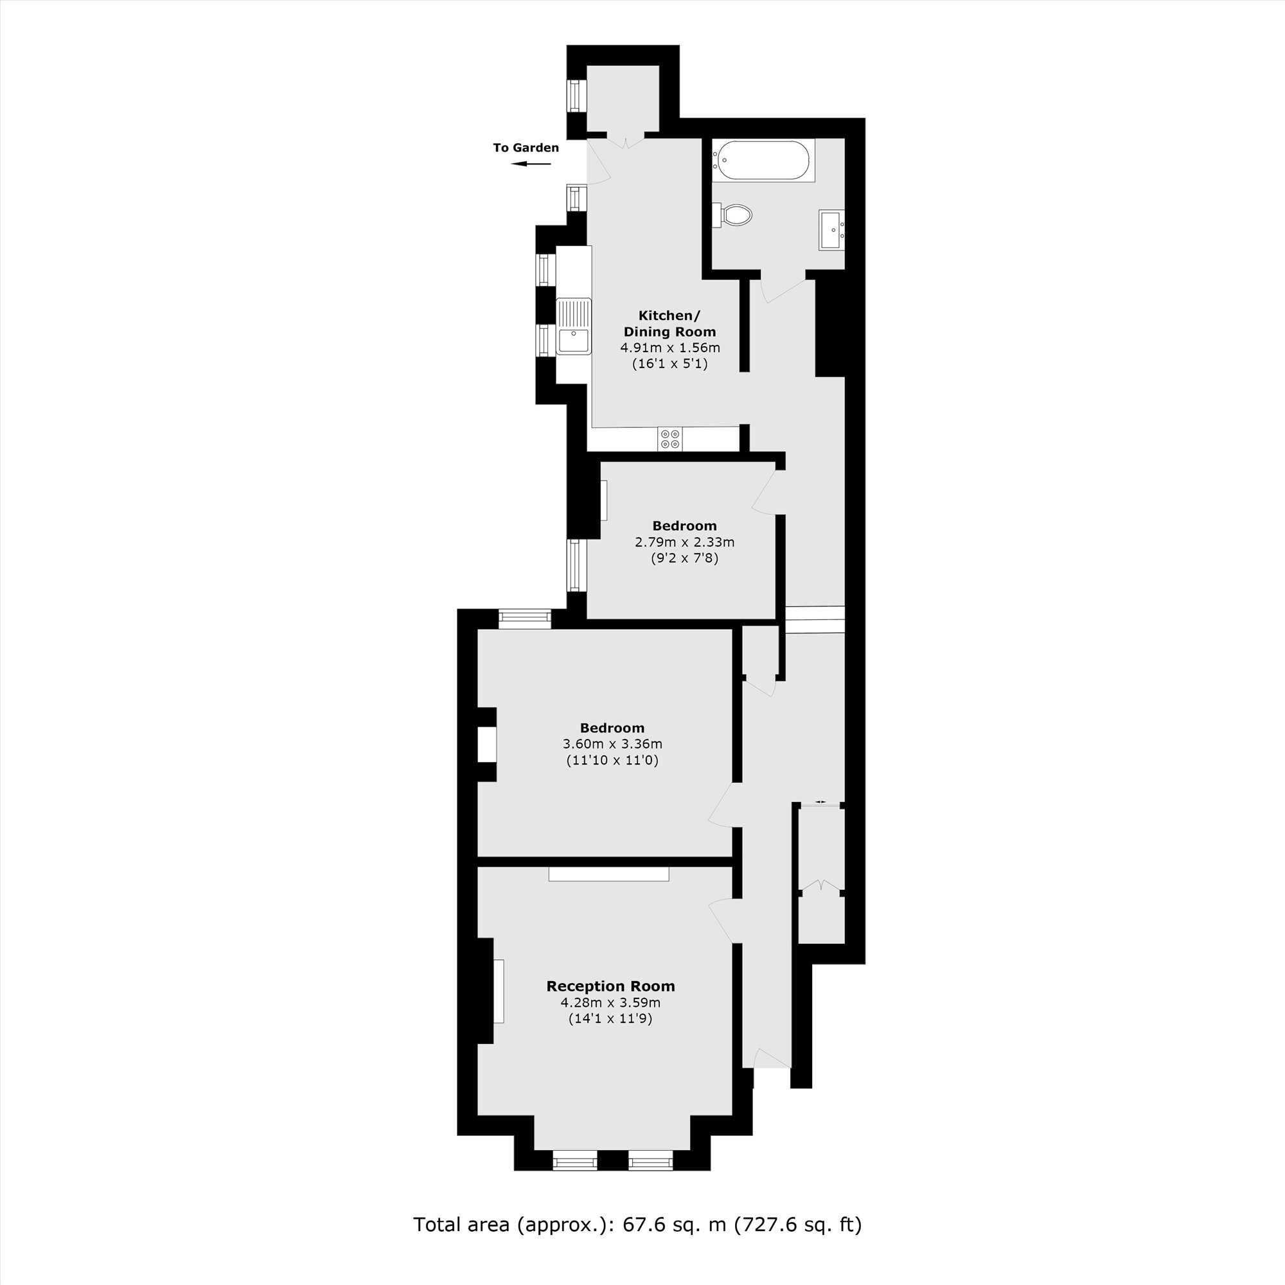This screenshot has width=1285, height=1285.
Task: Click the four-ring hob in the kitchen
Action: [669, 439]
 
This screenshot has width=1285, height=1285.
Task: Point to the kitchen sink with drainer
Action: [574, 326]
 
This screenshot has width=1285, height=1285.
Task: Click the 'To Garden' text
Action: [526, 148]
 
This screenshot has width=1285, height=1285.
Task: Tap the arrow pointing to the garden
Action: [531, 164]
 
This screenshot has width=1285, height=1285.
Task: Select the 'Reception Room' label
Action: [610, 986]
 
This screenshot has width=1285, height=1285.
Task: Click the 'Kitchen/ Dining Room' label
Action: [669, 323]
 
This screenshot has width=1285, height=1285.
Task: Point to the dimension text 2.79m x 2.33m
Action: [684, 542]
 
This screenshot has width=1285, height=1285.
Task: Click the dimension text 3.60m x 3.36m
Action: [612, 744]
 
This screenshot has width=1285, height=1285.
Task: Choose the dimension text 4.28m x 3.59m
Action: [610, 1003]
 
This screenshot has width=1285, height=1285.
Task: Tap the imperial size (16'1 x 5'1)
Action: [669, 364]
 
